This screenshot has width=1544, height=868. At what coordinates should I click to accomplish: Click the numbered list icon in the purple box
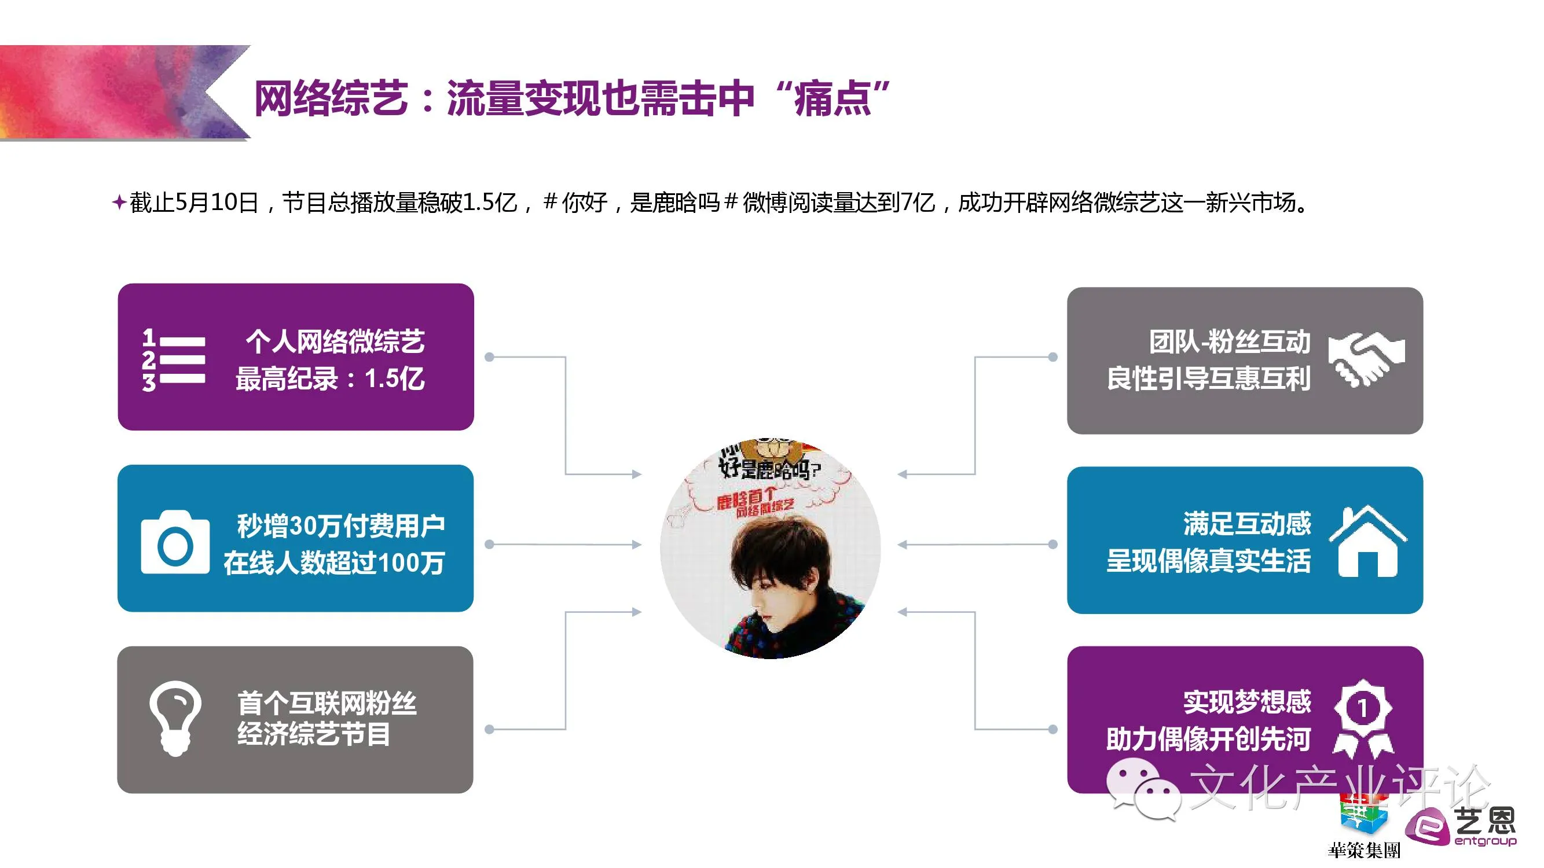[173, 359]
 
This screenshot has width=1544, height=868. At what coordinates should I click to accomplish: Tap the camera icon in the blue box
[175, 543]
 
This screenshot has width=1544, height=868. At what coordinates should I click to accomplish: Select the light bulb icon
[175, 718]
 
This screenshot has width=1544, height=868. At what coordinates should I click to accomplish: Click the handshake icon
[1366, 358]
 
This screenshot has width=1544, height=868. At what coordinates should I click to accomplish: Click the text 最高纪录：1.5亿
[330, 378]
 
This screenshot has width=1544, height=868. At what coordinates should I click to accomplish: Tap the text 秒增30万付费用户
[340, 525]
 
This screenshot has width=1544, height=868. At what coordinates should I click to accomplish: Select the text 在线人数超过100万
[334, 562]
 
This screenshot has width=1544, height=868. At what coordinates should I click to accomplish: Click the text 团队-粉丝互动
[1229, 341]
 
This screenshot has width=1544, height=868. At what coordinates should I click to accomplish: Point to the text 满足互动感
[1246, 524]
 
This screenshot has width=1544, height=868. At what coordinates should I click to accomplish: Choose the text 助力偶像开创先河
[1208, 738]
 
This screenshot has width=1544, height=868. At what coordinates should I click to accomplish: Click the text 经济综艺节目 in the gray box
[313, 734]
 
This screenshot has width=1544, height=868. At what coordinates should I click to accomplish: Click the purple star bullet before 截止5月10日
[119, 202]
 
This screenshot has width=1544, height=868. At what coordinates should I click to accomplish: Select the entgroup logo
[1460, 827]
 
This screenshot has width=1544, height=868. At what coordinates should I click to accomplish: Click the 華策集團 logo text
[1363, 849]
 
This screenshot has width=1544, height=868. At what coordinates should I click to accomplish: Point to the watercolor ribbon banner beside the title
[120, 93]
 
